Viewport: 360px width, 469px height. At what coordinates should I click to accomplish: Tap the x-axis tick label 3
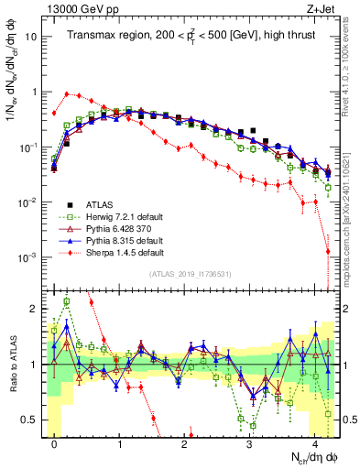point(249,443)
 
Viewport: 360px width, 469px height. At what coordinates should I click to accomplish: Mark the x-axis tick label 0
point(55,443)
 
